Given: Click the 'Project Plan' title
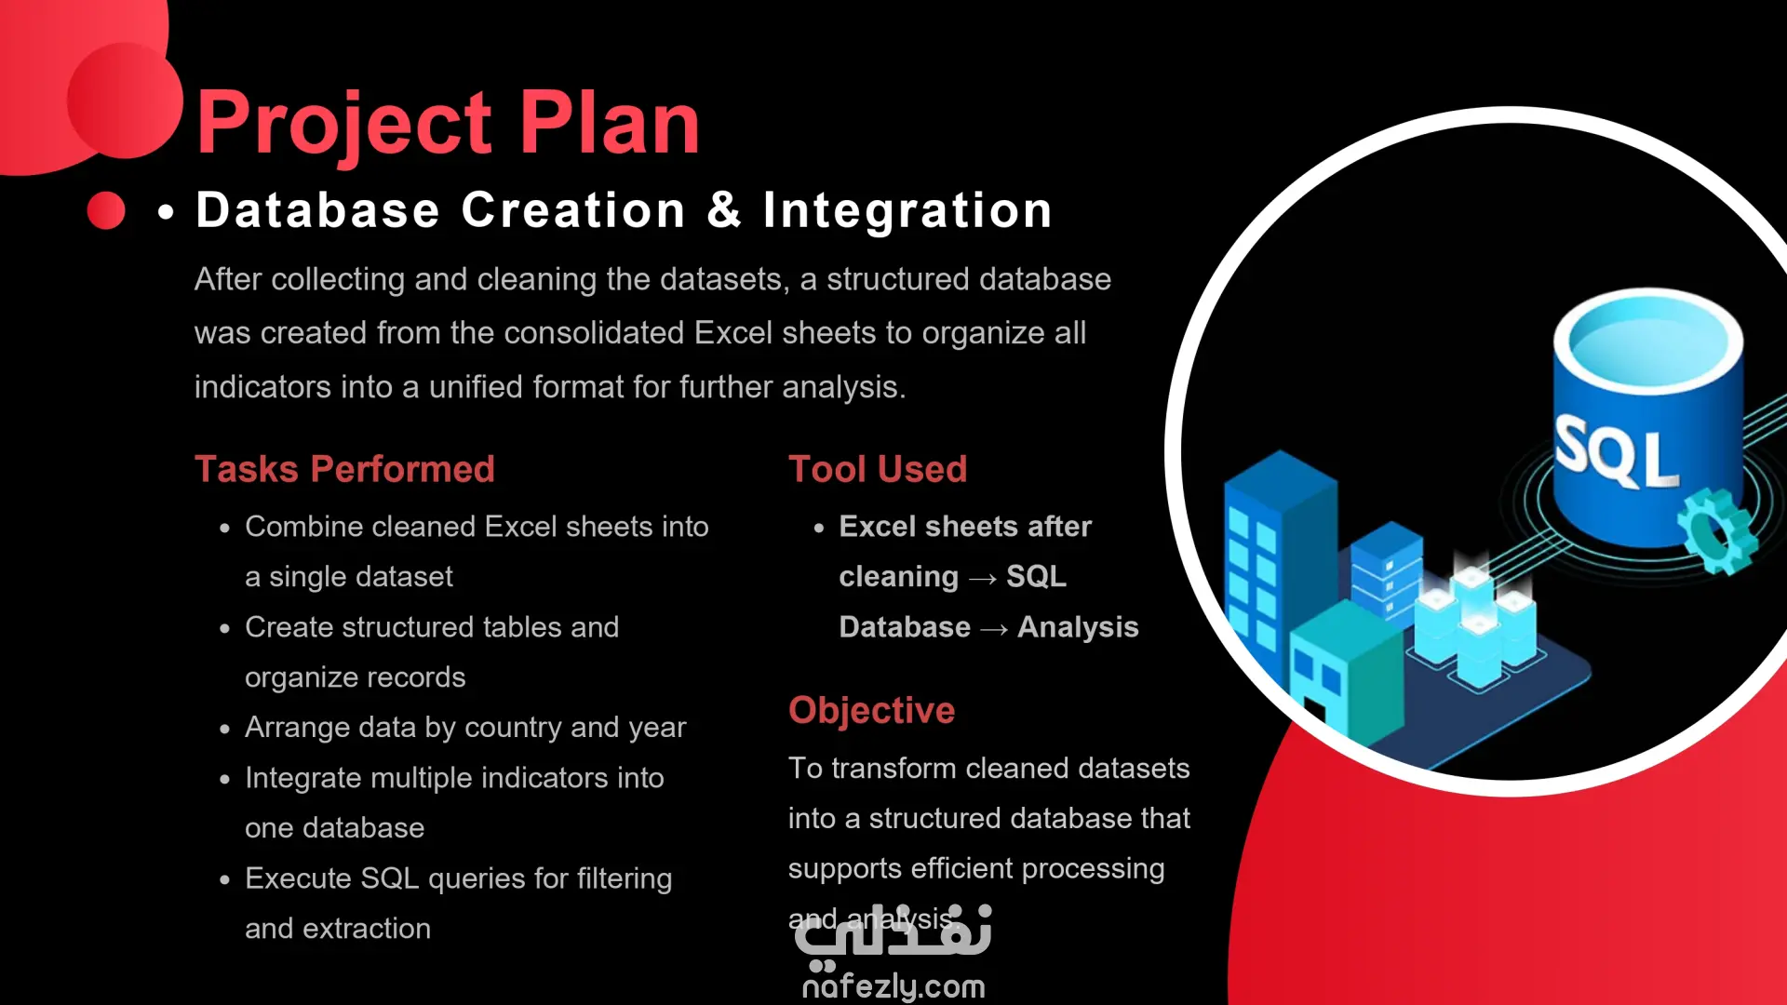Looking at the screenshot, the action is pyautogui.click(x=448, y=124).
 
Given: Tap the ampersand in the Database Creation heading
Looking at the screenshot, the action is pyautogui.click(x=724, y=209).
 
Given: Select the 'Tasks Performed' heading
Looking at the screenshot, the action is pyautogui.click(x=344, y=469).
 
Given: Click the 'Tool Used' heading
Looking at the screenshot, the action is pyautogui.click(x=878, y=469).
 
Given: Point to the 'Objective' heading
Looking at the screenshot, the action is pyautogui.click(x=871, y=710).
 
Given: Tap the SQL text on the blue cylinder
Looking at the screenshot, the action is pyautogui.click(x=1617, y=453).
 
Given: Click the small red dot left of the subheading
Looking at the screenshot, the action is pyautogui.click(x=106, y=210).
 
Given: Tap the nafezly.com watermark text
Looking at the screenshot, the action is pyautogui.click(x=893, y=986).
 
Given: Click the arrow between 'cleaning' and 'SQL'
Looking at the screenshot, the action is pyautogui.click(x=983, y=579).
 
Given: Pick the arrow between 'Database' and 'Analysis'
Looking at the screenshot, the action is pyautogui.click(x=994, y=629).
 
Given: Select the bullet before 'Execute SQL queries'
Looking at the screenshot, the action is pyautogui.click(x=224, y=879).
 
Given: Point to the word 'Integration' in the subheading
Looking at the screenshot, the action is pyautogui.click(x=907, y=210).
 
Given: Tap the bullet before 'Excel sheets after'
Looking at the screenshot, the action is pyautogui.click(x=819, y=528).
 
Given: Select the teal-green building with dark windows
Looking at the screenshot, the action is pyautogui.click(x=1346, y=675).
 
